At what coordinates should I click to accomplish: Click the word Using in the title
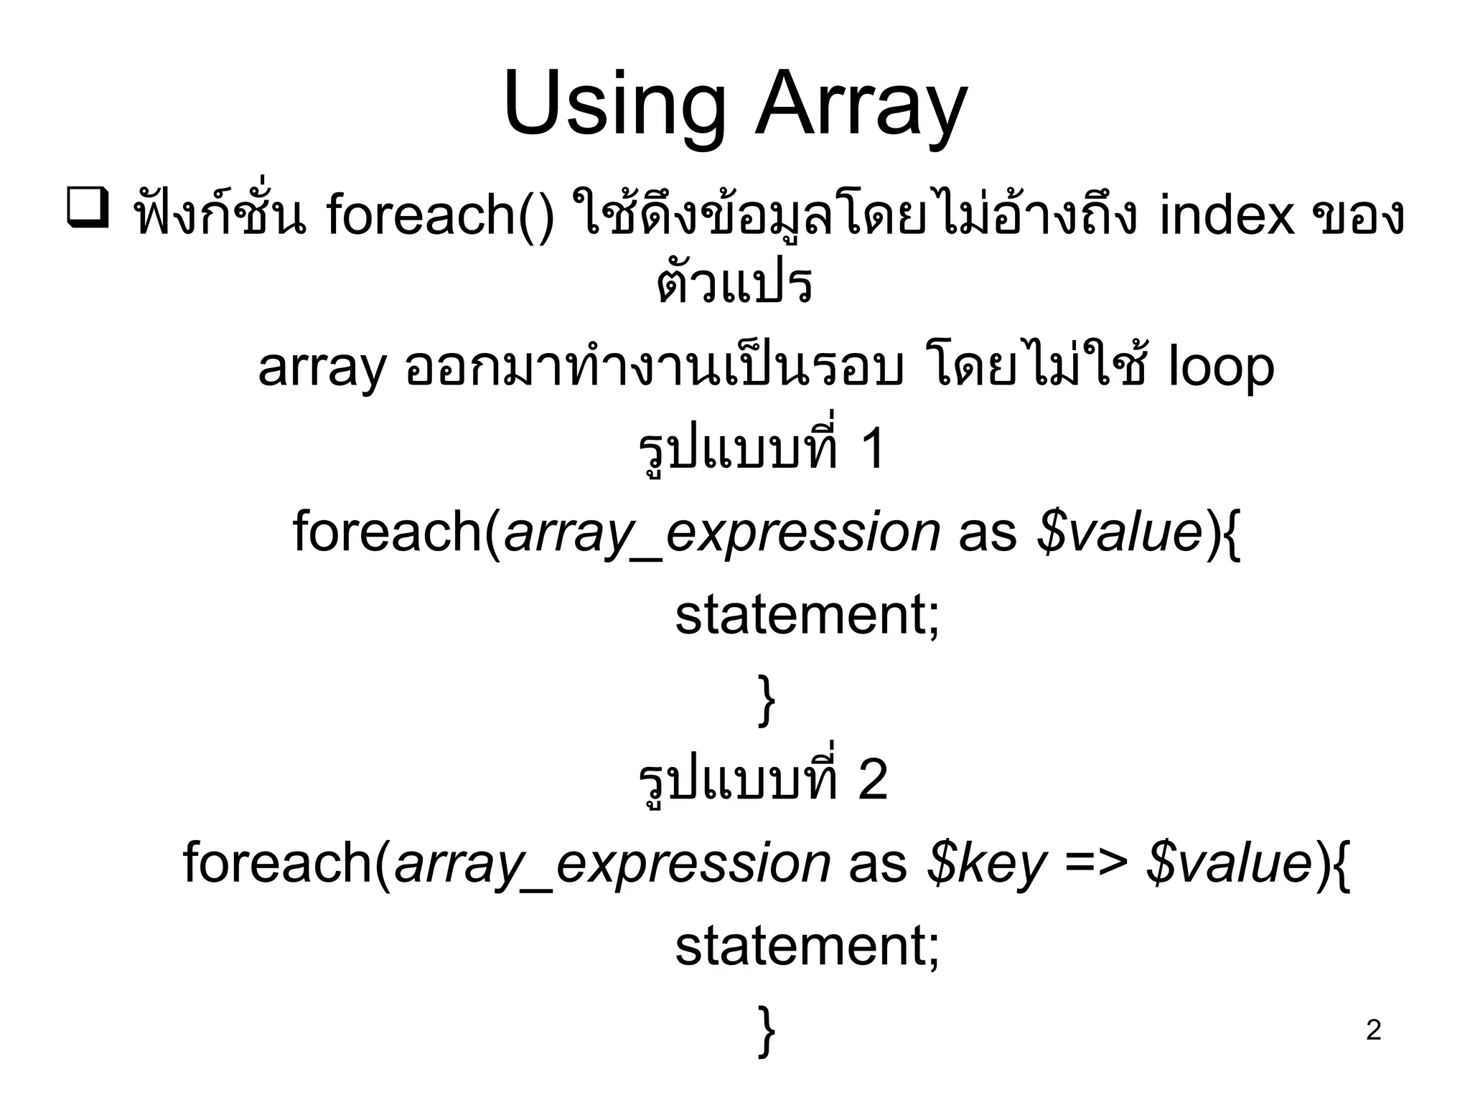[614, 106]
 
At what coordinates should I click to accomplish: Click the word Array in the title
[861, 106]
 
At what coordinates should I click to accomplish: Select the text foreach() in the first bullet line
[440, 215]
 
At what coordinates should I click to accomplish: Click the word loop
[1221, 367]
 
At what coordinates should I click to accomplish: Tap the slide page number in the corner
[1373, 1030]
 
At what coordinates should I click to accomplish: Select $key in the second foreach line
[986, 863]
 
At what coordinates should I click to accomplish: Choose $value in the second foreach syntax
[1230, 863]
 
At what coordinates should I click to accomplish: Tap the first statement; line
[807, 615]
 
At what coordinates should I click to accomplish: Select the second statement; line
[807, 946]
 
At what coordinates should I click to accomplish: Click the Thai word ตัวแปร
[734, 283]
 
